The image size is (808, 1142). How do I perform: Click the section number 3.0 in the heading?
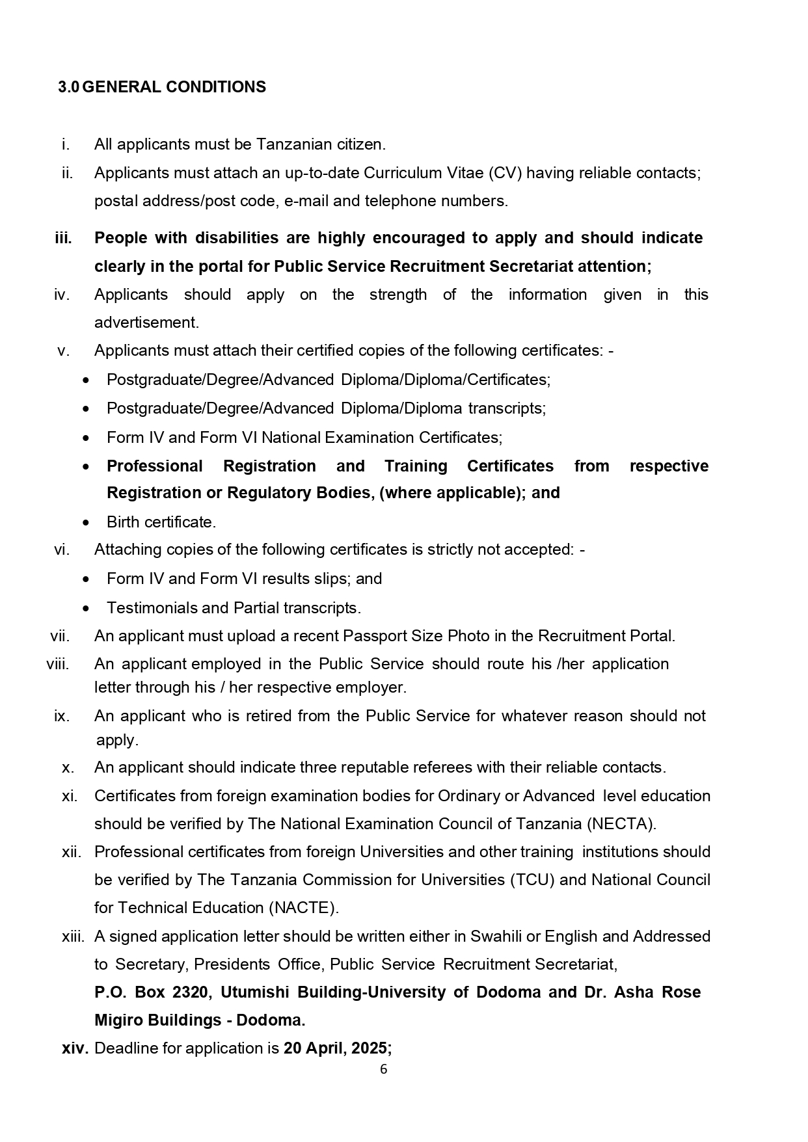coord(68,87)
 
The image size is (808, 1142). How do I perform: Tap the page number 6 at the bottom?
coord(383,1069)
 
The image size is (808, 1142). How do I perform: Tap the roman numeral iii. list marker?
coord(63,238)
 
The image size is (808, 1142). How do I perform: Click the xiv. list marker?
coord(75,1048)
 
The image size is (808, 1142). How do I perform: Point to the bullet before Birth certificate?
coord(87,522)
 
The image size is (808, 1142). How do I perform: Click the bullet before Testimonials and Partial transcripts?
coord(87,609)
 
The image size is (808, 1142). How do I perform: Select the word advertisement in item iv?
coord(146,323)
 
